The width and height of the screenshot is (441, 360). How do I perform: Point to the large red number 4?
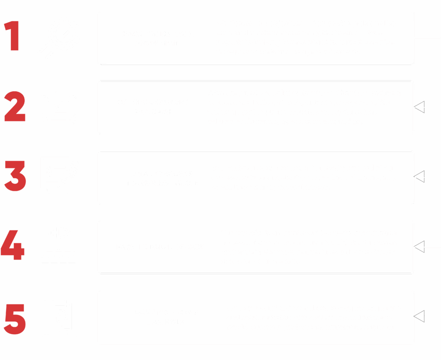pyautogui.click(x=13, y=246)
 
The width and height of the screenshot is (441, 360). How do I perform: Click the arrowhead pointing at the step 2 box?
pyautogui.click(x=419, y=106)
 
